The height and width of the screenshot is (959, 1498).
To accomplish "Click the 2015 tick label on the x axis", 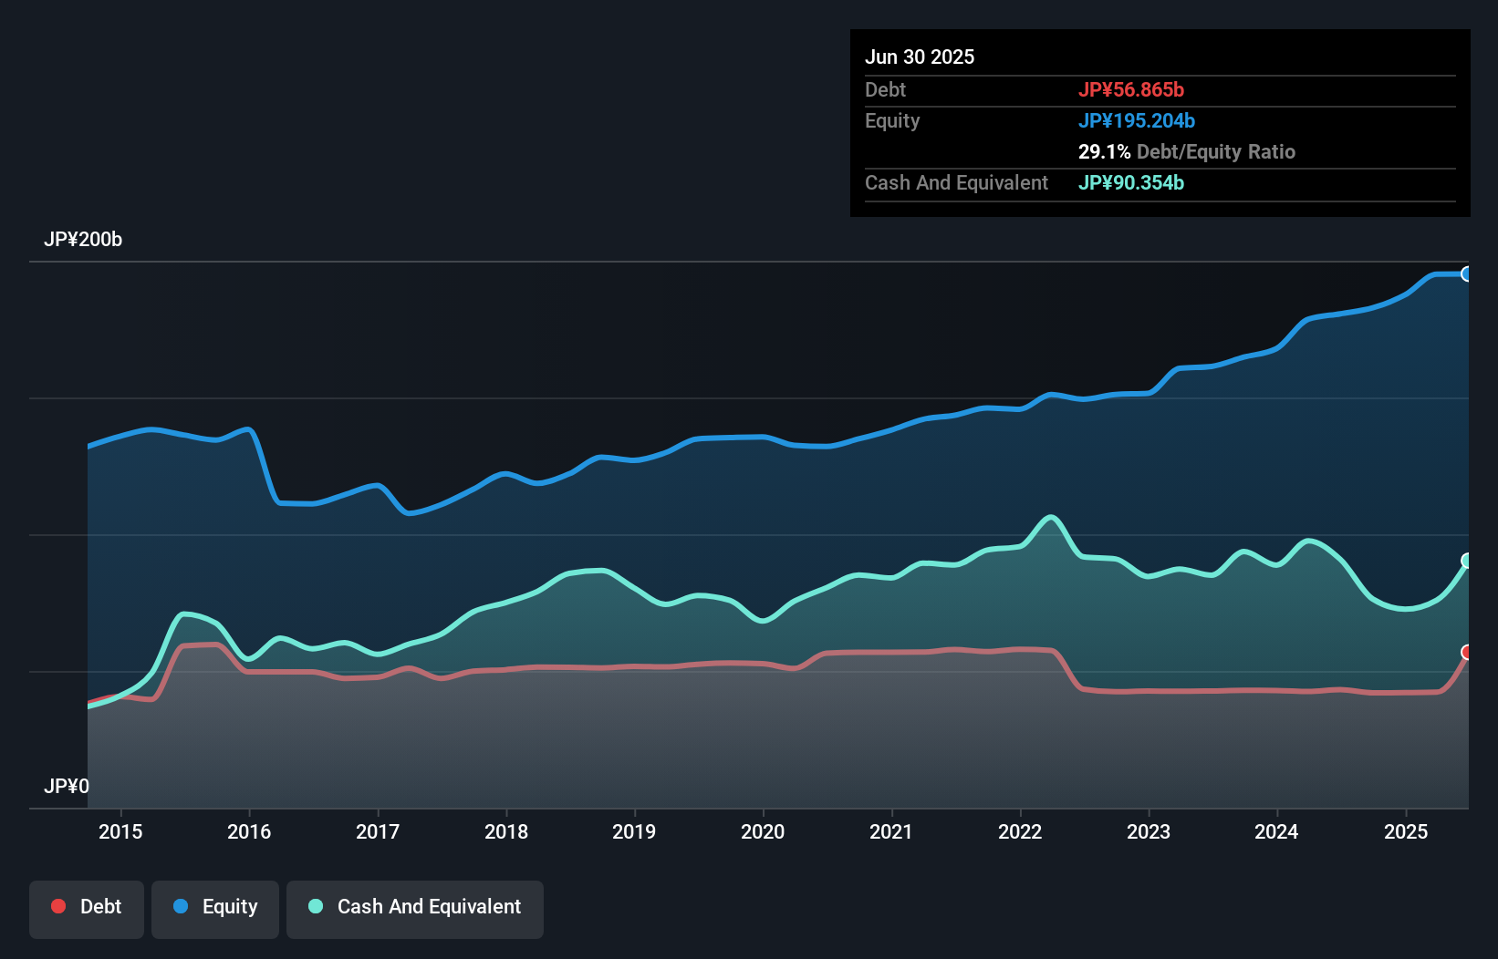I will coord(120,831).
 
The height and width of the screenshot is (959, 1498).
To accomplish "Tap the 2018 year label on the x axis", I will coord(506,831).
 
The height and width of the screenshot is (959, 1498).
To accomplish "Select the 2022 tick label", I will coord(1020,831).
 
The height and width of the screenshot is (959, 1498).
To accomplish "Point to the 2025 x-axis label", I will coord(1406,831).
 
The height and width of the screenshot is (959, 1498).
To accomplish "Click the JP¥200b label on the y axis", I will coord(83,240).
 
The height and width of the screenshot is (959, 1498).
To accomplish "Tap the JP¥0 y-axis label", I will coord(67,786).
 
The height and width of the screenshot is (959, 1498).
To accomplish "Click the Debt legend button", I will coord(87,907).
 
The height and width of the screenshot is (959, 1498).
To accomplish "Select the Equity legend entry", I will coord(215,907).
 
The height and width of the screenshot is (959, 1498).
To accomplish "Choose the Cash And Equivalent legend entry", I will coord(415,907).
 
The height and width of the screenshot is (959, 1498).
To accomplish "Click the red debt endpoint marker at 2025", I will coord(1467,652).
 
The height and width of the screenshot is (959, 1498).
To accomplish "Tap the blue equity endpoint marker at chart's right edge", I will coord(1467,273).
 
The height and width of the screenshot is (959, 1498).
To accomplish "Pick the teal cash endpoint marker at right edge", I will coord(1467,560).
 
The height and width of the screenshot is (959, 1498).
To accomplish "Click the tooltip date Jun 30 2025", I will coord(920,57).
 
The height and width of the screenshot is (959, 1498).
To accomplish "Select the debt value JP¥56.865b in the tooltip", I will coord(1131,89).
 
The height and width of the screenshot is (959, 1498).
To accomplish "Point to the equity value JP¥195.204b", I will coord(1137,120).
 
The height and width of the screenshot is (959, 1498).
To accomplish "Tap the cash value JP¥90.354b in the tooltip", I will coord(1131,182).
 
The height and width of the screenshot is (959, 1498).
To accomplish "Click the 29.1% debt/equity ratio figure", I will coord(1104,151).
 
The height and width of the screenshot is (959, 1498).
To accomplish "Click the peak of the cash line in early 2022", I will coord(1052,518).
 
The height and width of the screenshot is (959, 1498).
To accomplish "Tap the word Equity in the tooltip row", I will coord(892,120).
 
